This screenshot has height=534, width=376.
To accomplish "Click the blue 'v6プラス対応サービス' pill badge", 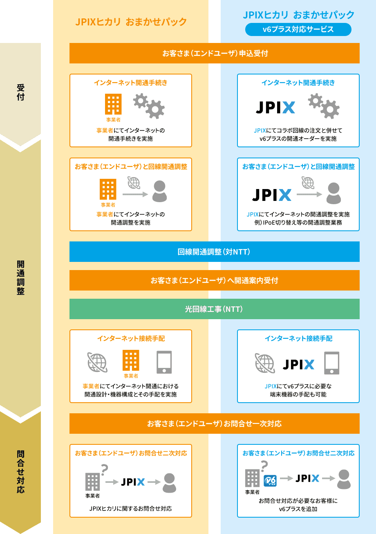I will [x=298, y=29].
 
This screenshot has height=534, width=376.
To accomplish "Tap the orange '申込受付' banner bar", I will [x=215, y=53].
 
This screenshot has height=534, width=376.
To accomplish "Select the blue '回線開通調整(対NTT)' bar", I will [x=215, y=252].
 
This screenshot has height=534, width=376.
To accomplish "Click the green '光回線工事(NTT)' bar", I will [x=215, y=309].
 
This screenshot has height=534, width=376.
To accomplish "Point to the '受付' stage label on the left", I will [x=20, y=92].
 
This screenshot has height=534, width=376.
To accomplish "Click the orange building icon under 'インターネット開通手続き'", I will [x=113, y=105].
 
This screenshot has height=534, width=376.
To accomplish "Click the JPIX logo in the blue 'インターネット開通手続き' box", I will [x=275, y=107].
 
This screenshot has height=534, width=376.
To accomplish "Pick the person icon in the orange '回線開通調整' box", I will [x=159, y=191].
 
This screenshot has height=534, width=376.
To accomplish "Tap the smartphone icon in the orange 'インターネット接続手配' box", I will [x=164, y=362].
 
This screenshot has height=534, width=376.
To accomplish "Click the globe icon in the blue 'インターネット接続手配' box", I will [x=265, y=363].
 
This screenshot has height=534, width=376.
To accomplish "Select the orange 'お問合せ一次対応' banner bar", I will [x=215, y=424].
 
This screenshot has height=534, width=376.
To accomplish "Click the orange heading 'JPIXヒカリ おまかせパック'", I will [x=131, y=22].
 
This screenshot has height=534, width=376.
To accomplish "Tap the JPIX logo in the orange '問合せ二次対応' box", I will [x=133, y=482].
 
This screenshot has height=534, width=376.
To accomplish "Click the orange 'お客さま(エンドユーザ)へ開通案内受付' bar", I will [x=215, y=280].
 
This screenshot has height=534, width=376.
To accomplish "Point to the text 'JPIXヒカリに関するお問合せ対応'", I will [x=130, y=509].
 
